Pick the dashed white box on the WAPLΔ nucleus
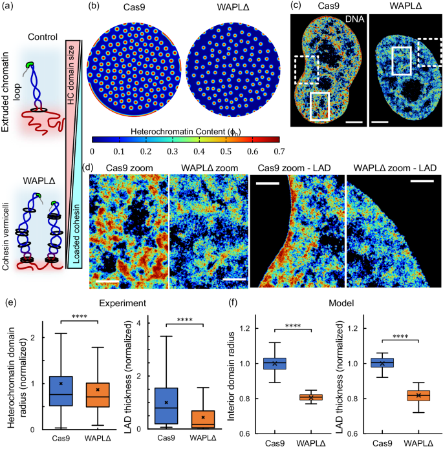pyautogui.click(x=429, y=52)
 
